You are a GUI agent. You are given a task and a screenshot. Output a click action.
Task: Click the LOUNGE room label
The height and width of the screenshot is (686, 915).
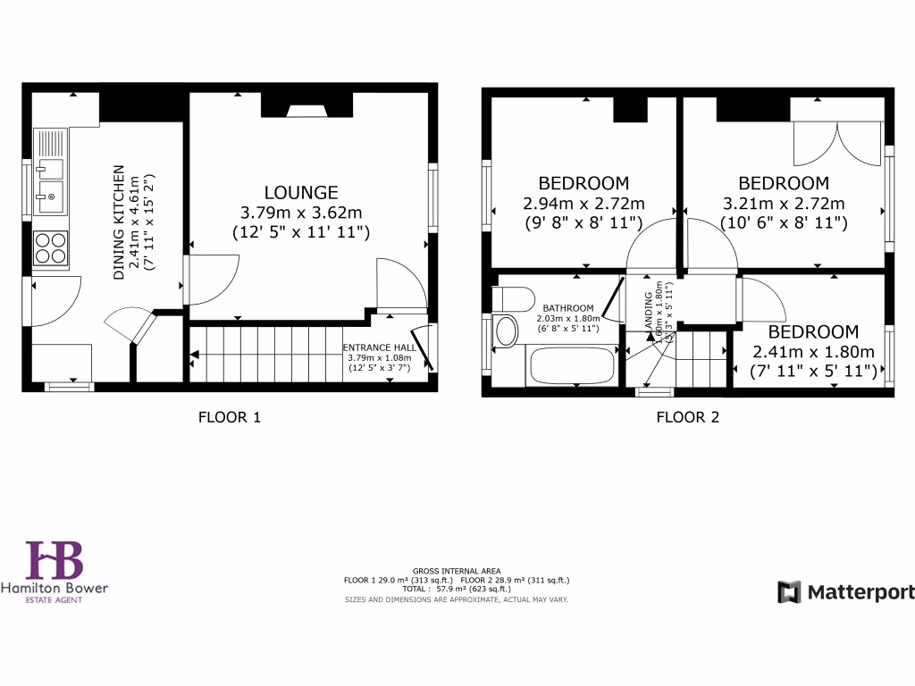301,192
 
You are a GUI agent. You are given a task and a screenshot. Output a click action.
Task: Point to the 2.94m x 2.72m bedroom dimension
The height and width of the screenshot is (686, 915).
583,204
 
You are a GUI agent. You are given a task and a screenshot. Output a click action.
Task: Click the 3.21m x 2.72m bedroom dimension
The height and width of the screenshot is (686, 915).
783,204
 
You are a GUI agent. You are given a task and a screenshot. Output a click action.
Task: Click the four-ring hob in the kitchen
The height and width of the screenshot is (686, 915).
51,247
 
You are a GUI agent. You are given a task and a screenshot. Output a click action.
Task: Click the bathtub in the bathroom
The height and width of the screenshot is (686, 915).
572,366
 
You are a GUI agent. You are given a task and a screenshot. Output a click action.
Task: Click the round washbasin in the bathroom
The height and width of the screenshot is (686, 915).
506,330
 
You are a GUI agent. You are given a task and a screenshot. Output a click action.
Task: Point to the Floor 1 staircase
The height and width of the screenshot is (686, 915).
268,354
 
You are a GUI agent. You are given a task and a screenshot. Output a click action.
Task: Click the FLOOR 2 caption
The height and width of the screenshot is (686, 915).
687,416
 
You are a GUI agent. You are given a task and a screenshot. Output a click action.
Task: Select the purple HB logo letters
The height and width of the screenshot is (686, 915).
54,561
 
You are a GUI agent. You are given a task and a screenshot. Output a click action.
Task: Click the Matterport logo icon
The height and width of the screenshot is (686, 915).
789,592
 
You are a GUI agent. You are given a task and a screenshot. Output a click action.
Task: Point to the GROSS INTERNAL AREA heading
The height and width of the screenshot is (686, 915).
457,571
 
